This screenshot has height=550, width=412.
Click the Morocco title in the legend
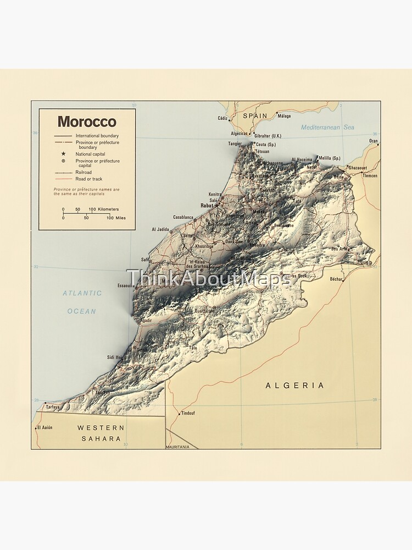[x=87, y=122]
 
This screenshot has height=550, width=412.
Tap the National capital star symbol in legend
[x=63, y=154]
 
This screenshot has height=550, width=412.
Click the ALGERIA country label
[x=294, y=386]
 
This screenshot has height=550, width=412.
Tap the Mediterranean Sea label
[x=327, y=127]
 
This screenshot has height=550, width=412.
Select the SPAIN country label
[x=255, y=116]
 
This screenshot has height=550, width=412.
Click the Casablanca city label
[x=183, y=217]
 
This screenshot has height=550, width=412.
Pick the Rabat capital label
[x=207, y=205]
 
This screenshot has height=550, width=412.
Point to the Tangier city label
[x=235, y=144]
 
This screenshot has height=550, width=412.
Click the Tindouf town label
[x=188, y=413]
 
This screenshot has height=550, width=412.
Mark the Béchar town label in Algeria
[x=336, y=279]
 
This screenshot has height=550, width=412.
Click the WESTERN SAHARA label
[x=101, y=433]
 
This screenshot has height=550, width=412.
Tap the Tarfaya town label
[x=53, y=408]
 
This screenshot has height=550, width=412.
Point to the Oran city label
[x=374, y=141]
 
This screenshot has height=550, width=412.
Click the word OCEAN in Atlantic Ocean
[x=82, y=311]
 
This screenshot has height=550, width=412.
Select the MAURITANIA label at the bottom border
[x=178, y=447]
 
